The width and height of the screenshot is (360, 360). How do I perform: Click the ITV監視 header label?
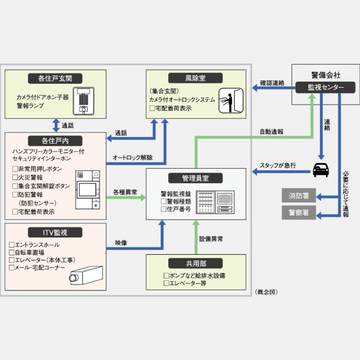(x=55, y=232)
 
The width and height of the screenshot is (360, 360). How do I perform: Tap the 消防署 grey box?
(x=299, y=196)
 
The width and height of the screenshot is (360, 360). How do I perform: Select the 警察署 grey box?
(x=299, y=213)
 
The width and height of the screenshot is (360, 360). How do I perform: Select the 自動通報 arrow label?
(x=271, y=132)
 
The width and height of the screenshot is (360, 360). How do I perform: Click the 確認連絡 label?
(x=272, y=83)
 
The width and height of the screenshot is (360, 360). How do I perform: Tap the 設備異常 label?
(x=211, y=238)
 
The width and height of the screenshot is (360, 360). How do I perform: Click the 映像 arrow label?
(x=121, y=242)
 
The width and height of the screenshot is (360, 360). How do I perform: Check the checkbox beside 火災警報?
(x=15, y=177)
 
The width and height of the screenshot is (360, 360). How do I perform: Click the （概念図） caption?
(x=265, y=291)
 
